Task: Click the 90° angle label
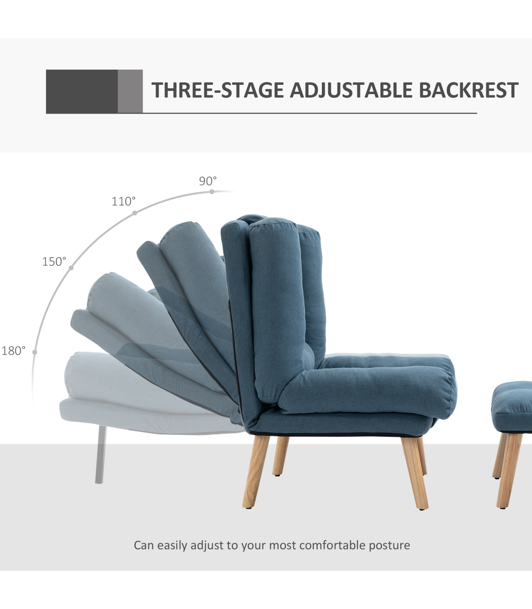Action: click(x=208, y=181)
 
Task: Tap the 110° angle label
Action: click(x=123, y=202)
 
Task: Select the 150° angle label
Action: click(x=54, y=261)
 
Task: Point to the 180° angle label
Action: click(x=13, y=351)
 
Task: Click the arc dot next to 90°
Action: click(x=212, y=192)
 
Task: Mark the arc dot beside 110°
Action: click(x=135, y=213)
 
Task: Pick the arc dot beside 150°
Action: click(x=71, y=268)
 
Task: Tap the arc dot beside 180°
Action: click(x=35, y=352)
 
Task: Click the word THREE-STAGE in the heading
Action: click(x=218, y=90)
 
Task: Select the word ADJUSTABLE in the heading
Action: click(x=351, y=90)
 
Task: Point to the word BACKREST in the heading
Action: click(x=469, y=90)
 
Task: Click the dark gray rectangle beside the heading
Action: click(x=82, y=91)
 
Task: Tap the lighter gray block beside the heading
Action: click(x=130, y=91)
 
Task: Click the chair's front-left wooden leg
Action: click(x=256, y=471)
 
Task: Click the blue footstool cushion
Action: click(x=512, y=406)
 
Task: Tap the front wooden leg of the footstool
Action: click(x=509, y=471)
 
